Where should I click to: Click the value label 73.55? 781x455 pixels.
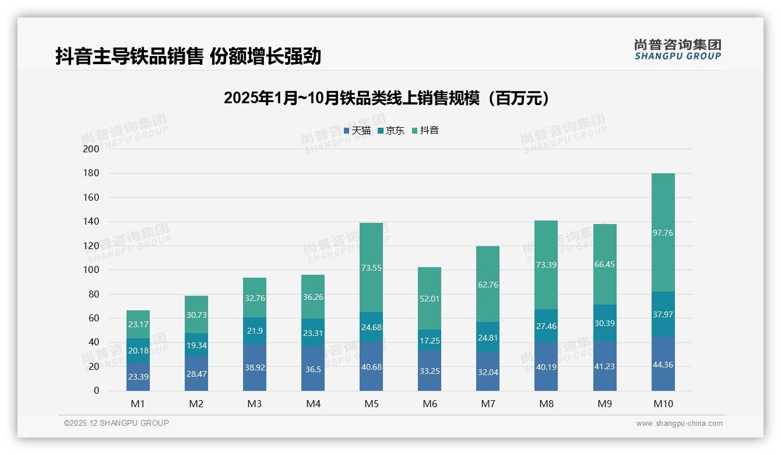pos(371,268)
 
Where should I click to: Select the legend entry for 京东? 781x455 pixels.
pos(391,131)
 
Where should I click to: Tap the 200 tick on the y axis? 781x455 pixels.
pos(92,149)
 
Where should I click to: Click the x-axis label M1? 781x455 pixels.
pos(138,404)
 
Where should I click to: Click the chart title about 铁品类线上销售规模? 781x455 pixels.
pos(386,98)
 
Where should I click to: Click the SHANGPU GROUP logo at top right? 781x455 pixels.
pos(677,50)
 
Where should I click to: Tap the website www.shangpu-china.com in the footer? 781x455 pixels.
pos(679,423)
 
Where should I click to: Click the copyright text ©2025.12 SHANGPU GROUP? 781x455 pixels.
pos(117,423)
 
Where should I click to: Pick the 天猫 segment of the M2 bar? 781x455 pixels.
pos(196,373)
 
